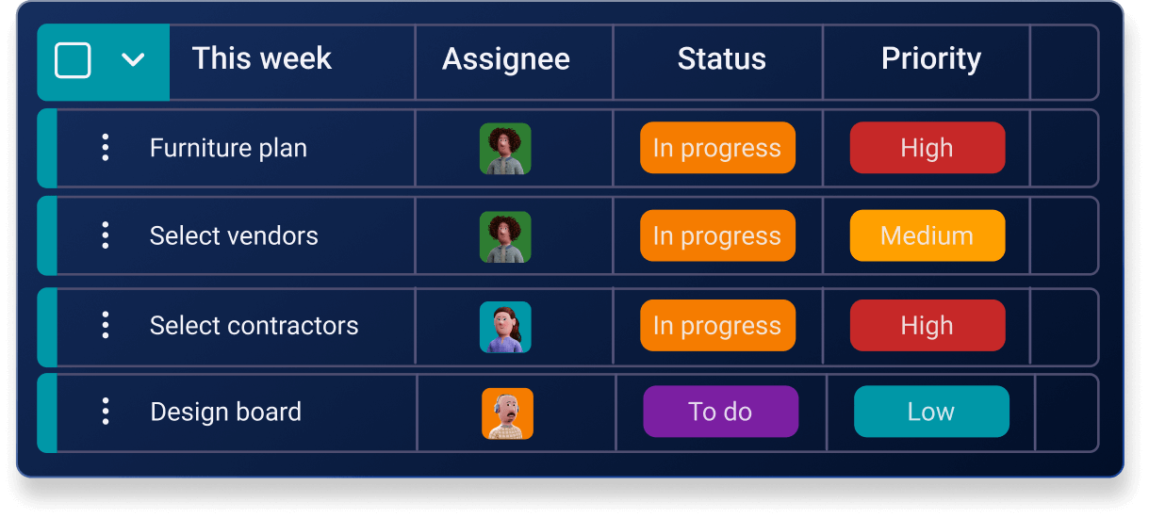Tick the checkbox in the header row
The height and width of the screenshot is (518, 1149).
click(x=73, y=60)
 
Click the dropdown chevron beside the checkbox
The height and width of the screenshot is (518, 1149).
click(x=133, y=60)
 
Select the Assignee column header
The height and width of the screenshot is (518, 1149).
click(x=506, y=59)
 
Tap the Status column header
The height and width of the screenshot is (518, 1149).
click(x=722, y=58)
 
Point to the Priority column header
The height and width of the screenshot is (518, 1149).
click(x=931, y=59)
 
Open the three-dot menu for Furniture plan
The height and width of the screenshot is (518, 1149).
click(x=106, y=148)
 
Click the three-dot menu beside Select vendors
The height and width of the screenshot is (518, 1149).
click(x=106, y=235)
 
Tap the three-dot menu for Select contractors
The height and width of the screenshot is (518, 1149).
click(x=106, y=325)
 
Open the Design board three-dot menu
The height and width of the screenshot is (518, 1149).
click(x=106, y=412)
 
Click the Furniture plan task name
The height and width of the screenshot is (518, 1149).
click(x=228, y=149)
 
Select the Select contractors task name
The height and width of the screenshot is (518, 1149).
click(x=254, y=326)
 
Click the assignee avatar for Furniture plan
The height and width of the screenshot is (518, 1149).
click(x=505, y=149)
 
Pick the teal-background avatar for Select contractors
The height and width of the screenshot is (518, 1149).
click(x=505, y=327)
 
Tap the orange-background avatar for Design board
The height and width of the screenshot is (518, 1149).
click(x=507, y=413)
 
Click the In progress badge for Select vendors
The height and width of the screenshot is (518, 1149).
click(x=717, y=235)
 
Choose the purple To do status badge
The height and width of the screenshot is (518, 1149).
click(x=721, y=412)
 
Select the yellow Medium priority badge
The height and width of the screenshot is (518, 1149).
click(x=927, y=235)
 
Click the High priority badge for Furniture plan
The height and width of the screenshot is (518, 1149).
click(x=927, y=148)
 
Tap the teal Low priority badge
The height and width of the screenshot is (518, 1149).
click(x=931, y=412)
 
